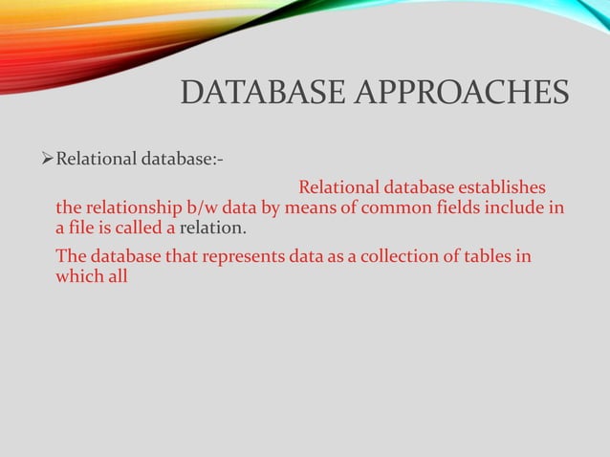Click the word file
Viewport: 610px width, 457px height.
[x=83, y=229]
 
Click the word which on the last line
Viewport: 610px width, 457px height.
[x=78, y=278]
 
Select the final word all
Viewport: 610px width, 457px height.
[x=117, y=278]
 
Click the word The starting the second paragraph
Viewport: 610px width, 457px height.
[x=70, y=256]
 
